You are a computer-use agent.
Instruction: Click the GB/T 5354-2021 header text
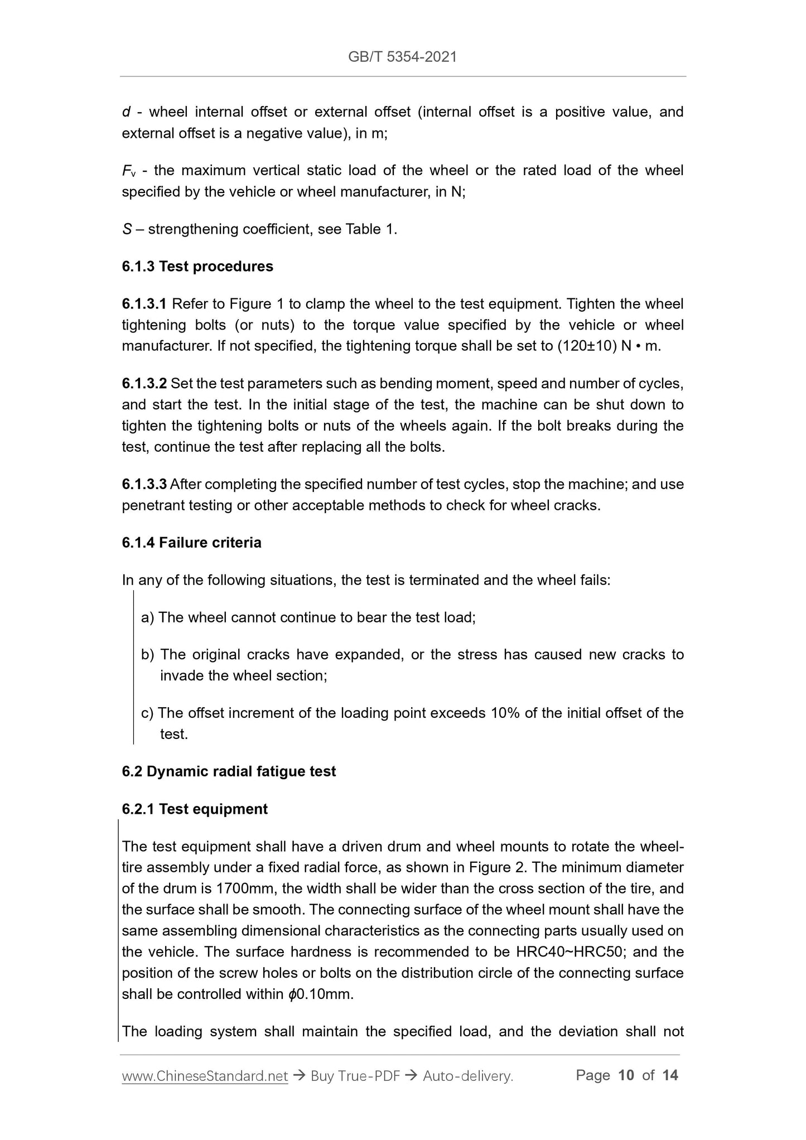(402, 56)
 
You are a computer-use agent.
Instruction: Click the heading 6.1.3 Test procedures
(197, 267)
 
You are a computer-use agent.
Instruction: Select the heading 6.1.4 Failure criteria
(191, 543)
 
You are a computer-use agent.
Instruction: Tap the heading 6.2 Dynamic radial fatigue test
(229, 771)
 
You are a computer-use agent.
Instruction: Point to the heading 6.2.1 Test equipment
(195, 809)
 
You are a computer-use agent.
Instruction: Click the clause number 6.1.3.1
(144, 304)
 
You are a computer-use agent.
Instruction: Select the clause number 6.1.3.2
(144, 384)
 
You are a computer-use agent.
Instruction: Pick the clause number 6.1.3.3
(144, 484)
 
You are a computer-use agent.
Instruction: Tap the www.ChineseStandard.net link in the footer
(205, 1076)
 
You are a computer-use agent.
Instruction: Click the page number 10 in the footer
(626, 1075)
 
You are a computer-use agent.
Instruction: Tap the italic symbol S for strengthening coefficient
(126, 229)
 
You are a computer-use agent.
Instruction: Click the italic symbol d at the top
(126, 112)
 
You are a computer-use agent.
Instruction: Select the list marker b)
(148, 654)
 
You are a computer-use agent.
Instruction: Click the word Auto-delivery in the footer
(467, 1076)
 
